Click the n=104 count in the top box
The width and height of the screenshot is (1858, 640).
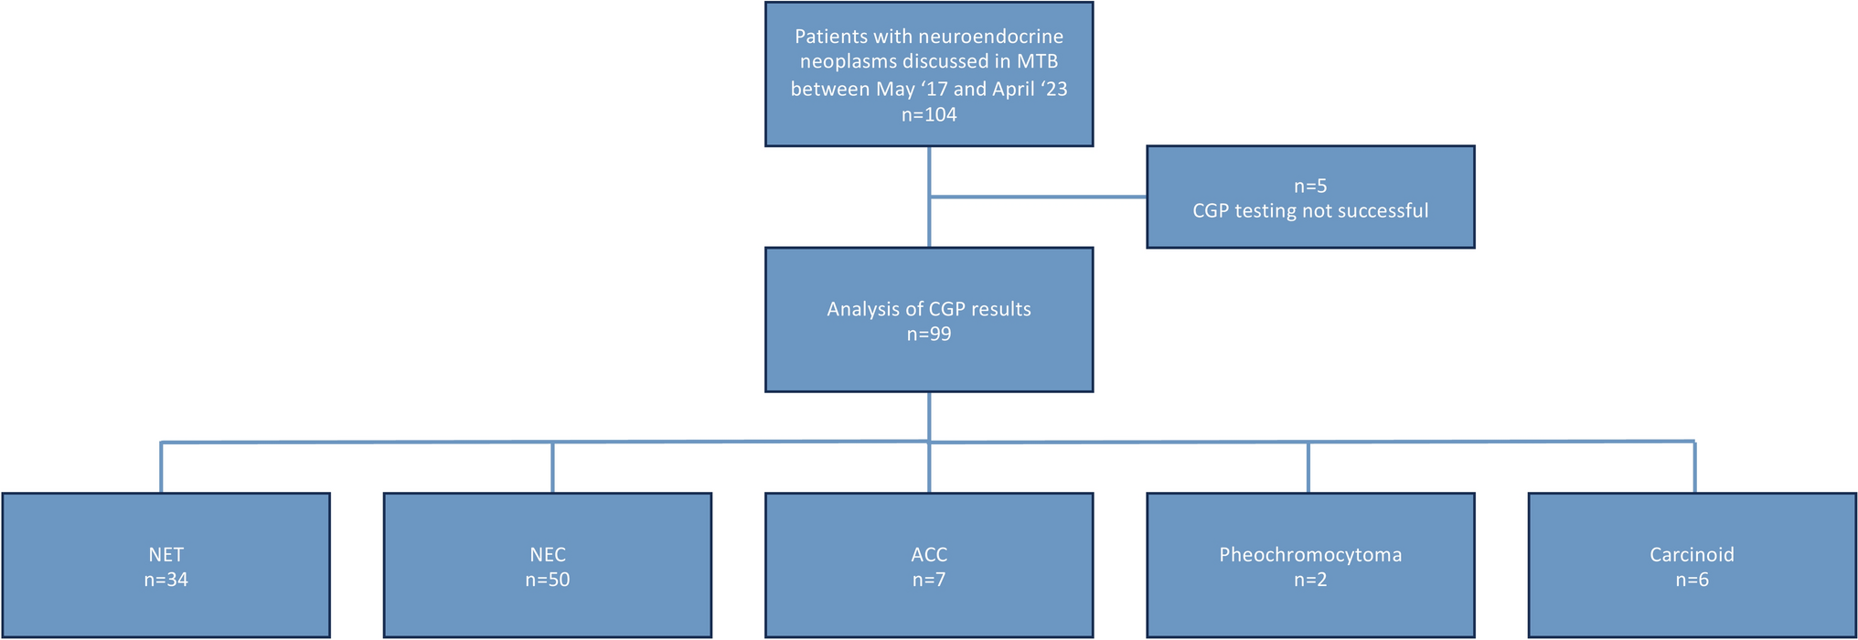[928, 114]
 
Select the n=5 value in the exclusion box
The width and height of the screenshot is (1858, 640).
[1309, 186]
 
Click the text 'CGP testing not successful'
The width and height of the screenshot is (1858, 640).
[1309, 211]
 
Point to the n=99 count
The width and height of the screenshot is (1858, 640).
[928, 335]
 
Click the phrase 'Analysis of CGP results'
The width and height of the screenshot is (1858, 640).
[928, 309]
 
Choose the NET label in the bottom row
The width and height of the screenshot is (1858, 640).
[166, 554]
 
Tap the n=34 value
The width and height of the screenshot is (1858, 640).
[166, 580]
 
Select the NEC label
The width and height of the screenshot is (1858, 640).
[547, 554]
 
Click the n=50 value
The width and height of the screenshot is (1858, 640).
[547, 580]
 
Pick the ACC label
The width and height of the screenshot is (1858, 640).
[928, 554]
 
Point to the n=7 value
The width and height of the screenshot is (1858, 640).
[928, 580]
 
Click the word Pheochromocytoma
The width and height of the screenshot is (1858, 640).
[1309, 554]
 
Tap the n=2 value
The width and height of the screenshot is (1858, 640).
[1309, 580]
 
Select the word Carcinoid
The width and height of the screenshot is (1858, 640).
[1691, 554]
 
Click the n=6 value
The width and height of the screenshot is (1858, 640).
[1691, 580]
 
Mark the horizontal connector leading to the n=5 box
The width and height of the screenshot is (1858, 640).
[1038, 197]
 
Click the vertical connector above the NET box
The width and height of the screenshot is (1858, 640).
[161, 468]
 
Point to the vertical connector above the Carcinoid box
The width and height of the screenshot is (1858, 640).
[1694, 468]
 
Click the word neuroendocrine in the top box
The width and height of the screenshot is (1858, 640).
[990, 37]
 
